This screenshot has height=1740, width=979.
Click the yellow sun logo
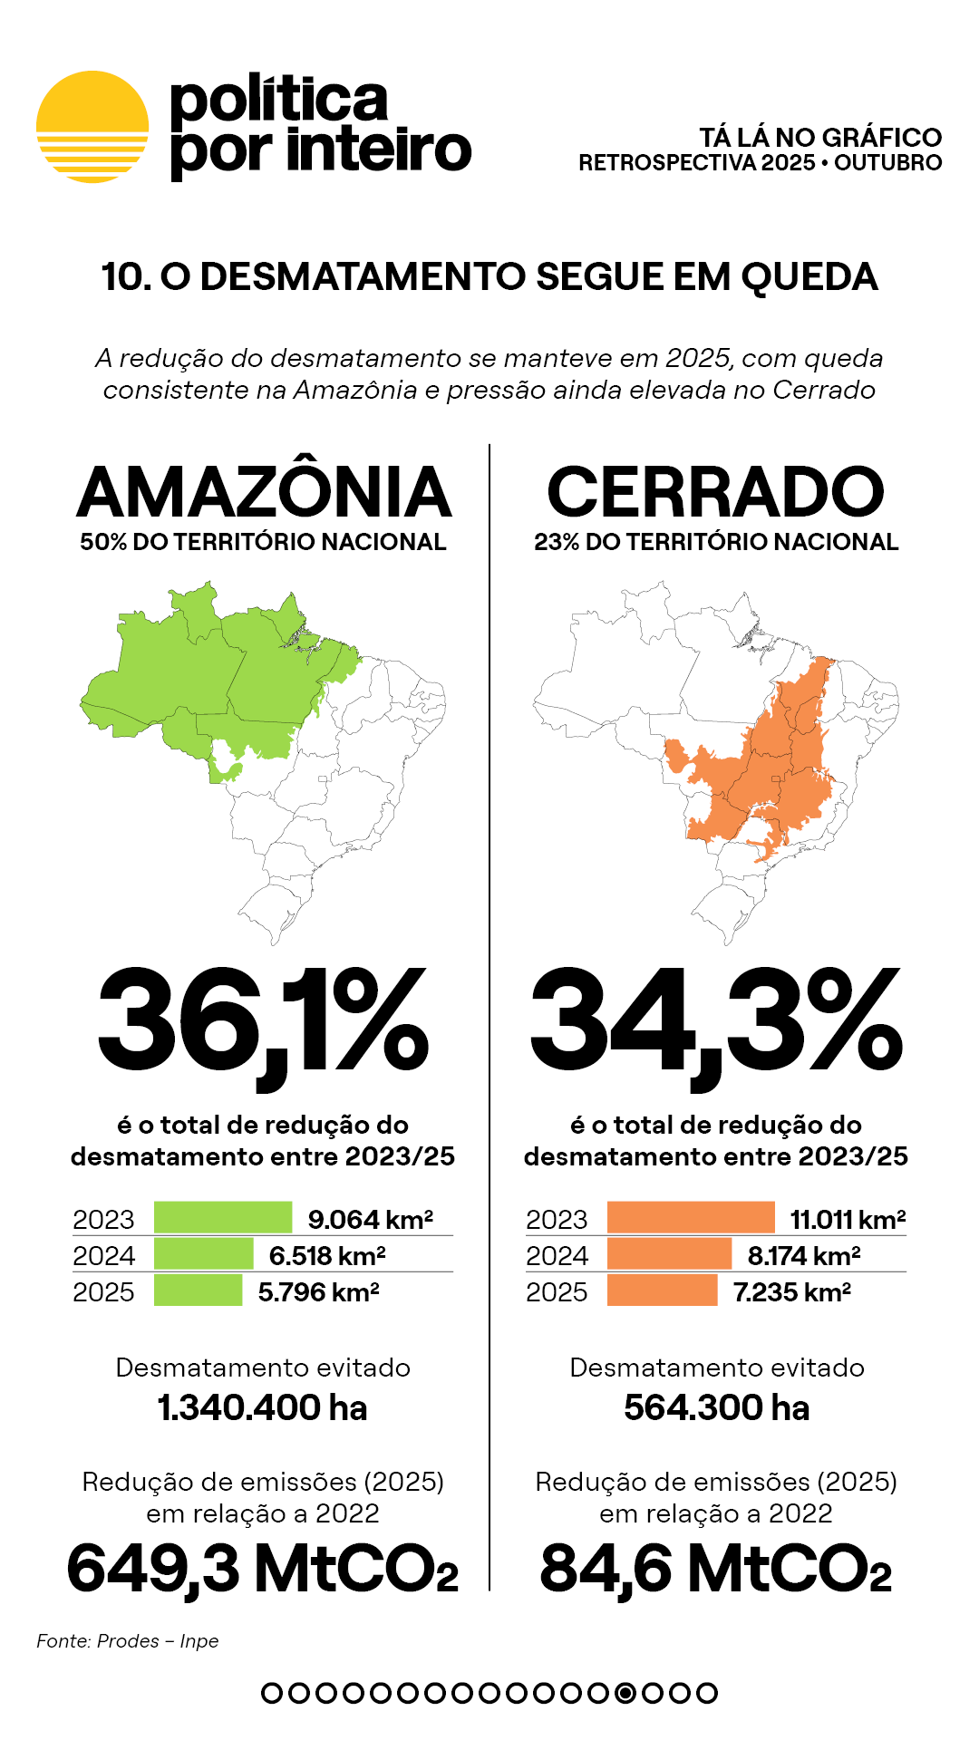pyautogui.click(x=92, y=127)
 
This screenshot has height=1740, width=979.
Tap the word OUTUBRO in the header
pyautogui.click(x=887, y=163)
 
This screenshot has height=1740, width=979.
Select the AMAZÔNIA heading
pyautogui.click(x=264, y=492)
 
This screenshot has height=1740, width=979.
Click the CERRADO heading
pyautogui.click(x=715, y=492)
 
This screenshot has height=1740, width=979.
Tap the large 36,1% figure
pyautogui.click(x=263, y=1020)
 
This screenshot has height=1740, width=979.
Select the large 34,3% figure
pyautogui.click(x=716, y=1020)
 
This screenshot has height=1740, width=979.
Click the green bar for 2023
pyautogui.click(x=223, y=1218)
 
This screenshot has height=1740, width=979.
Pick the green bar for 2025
pyautogui.click(x=198, y=1290)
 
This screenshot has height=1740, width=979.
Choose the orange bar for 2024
pyautogui.click(x=669, y=1254)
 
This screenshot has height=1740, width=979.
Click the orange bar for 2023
pyautogui.click(x=691, y=1218)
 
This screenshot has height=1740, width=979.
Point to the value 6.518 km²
pyautogui.click(x=327, y=1255)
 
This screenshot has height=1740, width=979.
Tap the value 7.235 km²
pyautogui.click(x=791, y=1291)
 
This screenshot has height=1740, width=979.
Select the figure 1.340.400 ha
pyautogui.click(x=263, y=1407)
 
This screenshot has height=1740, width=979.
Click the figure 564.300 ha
pyautogui.click(x=716, y=1407)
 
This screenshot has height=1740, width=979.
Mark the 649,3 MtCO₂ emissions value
pyautogui.click(x=263, y=1569)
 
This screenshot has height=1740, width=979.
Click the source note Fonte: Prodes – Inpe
pyautogui.click(x=128, y=1641)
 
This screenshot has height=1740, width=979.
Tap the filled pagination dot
pyautogui.click(x=625, y=1693)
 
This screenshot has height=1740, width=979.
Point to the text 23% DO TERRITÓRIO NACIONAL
pyautogui.click(x=716, y=542)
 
